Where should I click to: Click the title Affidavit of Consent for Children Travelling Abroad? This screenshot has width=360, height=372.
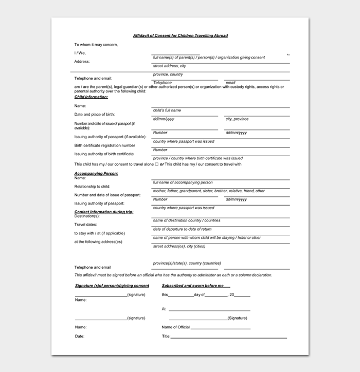[x=180, y=35]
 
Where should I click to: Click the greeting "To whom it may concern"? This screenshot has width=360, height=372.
[x=96, y=45]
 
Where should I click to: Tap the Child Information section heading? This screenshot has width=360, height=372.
[x=91, y=97]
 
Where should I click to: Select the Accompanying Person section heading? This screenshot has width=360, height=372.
[x=96, y=173]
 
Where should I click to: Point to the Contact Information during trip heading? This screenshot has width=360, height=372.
[x=104, y=212]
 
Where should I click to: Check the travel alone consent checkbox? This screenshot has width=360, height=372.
[x=156, y=164]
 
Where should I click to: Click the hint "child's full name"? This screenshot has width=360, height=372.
[x=167, y=110]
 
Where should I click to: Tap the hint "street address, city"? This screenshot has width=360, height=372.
[x=170, y=66]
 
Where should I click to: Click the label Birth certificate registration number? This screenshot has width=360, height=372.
[x=105, y=145]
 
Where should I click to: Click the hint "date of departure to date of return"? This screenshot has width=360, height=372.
[x=182, y=229]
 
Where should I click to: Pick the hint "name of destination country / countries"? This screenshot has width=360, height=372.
[x=186, y=220]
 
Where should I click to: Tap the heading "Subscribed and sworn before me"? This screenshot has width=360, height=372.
[x=193, y=286]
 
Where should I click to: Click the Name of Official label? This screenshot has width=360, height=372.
[x=176, y=327]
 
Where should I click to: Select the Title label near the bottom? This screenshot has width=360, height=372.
[x=166, y=337]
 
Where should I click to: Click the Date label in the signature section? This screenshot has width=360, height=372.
[x=79, y=337]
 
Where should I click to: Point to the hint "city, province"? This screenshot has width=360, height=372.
[x=237, y=119]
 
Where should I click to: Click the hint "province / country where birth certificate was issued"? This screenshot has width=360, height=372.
[x=198, y=158]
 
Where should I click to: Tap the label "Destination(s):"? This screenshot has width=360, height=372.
[x=87, y=216]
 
